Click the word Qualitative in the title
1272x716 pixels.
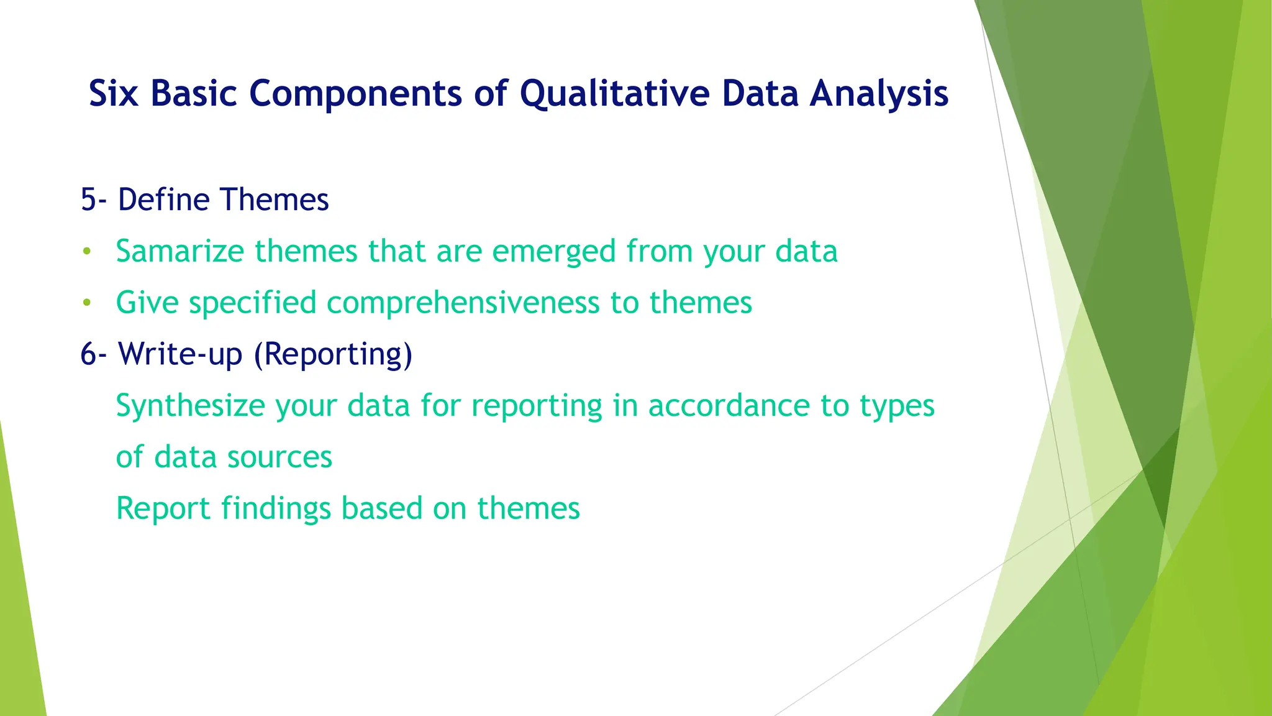[614, 94]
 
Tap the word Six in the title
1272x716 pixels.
[113, 94]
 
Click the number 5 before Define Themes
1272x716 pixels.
[89, 200]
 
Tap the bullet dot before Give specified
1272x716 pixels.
[87, 303]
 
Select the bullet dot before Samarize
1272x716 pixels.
[87, 252]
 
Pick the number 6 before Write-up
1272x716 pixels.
[89, 354]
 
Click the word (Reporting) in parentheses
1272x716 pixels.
[333, 354]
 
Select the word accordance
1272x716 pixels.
[729, 406]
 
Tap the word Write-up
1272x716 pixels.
[180, 354]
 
